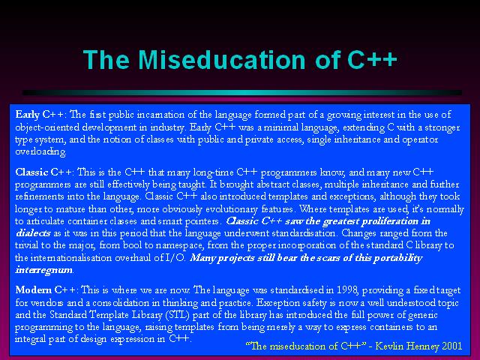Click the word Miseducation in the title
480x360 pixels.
coord(222,59)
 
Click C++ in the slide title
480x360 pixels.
coord(372,59)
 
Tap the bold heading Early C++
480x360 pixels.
coord(40,115)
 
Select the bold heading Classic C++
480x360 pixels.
coord(44,172)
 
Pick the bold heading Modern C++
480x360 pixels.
coord(46,289)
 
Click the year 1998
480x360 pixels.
coord(347,289)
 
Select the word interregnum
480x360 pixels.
coord(44,270)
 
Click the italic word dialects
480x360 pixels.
coord(33,233)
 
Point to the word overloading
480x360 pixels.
coord(40,151)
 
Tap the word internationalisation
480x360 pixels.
coord(71,257)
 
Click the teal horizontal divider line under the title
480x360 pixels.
coord(242,92)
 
